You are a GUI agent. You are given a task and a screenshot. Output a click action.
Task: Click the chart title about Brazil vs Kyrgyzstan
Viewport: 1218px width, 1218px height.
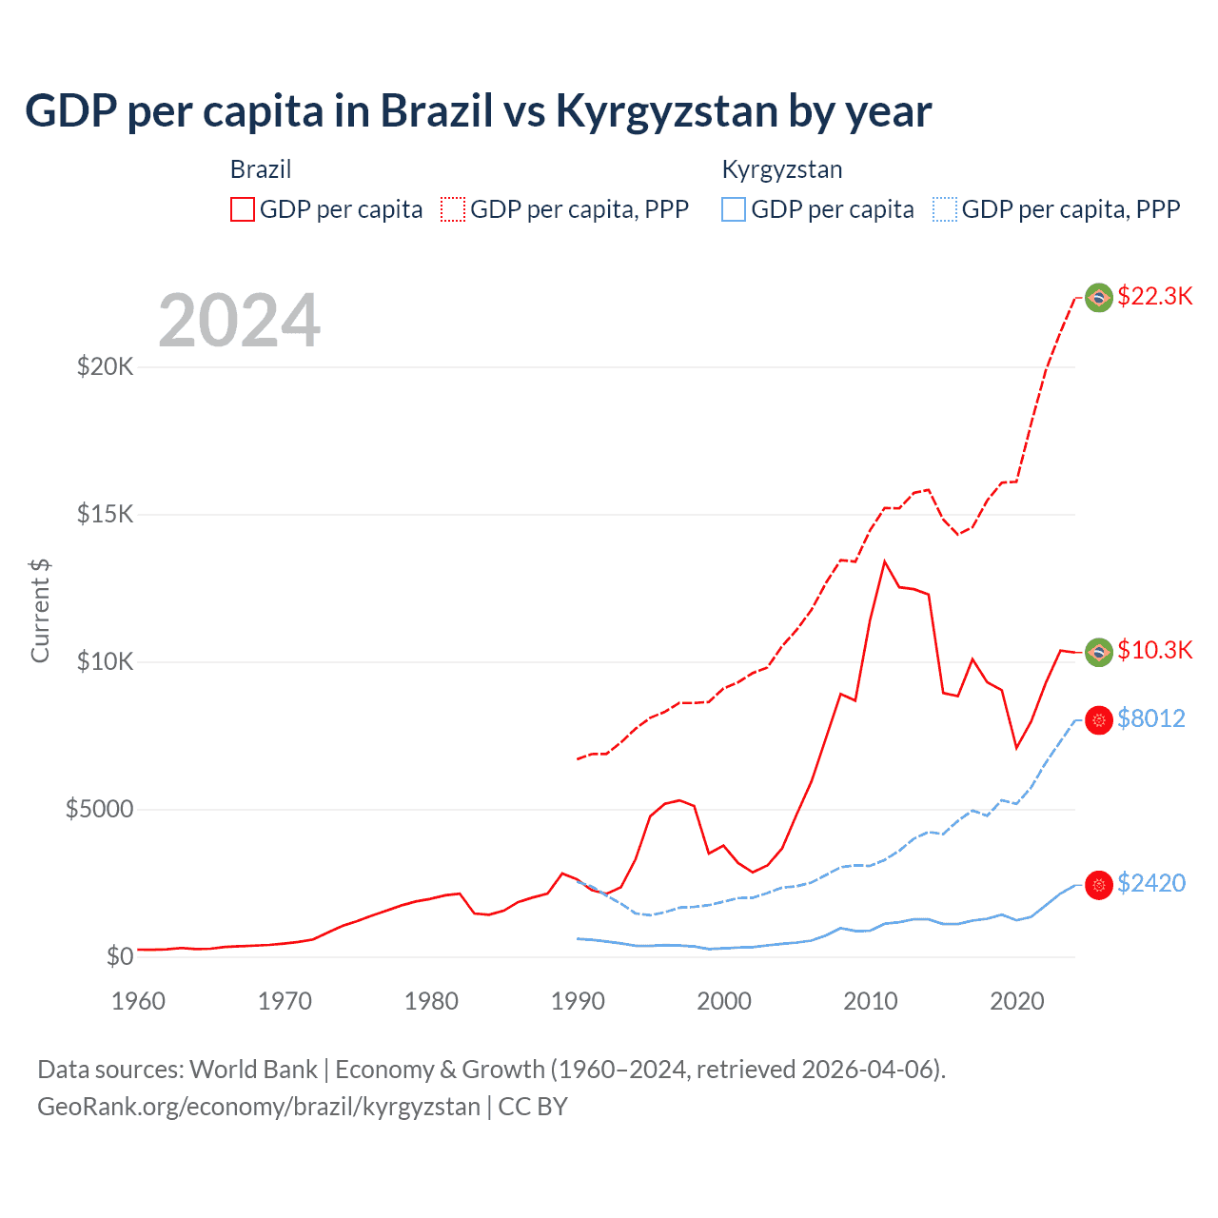click(478, 111)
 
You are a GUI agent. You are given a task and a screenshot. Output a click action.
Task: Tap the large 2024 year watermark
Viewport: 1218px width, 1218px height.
click(239, 321)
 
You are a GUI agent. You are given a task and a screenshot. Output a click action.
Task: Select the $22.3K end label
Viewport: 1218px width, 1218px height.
click(1154, 296)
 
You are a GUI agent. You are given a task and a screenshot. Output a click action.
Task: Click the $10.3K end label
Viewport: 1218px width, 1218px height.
click(1154, 650)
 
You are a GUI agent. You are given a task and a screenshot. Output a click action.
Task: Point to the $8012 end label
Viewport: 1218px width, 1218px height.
click(1150, 718)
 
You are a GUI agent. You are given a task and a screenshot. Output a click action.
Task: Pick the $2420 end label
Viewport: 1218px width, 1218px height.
click(1150, 883)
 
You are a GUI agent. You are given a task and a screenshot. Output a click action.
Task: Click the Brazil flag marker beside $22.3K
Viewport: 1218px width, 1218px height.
click(1099, 298)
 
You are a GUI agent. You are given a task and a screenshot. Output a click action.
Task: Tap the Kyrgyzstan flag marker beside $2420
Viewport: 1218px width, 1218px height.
click(1099, 885)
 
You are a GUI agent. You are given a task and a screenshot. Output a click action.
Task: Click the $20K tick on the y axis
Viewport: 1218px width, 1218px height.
click(105, 366)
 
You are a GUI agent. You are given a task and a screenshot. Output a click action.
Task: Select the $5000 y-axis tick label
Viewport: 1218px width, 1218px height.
click(99, 809)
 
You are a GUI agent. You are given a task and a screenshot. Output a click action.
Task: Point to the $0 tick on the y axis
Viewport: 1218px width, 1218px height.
click(119, 956)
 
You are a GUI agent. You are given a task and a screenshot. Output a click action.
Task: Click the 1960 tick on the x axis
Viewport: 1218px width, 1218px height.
click(139, 1001)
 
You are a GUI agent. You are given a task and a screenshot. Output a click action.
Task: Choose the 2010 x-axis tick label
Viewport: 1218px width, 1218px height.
click(871, 1001)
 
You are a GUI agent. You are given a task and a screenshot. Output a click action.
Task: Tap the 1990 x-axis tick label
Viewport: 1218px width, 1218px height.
click(578, 1001)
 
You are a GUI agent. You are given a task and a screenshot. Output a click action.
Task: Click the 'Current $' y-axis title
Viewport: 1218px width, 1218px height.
click(40, 611)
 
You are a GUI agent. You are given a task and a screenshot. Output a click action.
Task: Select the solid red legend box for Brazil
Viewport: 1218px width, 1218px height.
click(243, 209)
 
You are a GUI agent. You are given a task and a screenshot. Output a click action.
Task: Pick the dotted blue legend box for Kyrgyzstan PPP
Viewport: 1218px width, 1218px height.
click(945, 209)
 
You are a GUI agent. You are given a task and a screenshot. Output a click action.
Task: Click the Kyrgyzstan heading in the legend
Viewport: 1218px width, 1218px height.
click(781, 169)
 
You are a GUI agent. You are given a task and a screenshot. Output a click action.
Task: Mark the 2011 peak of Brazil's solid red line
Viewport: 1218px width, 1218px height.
click(885, 561)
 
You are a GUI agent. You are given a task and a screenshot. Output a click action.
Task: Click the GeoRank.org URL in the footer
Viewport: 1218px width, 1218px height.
click(259, 1107)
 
